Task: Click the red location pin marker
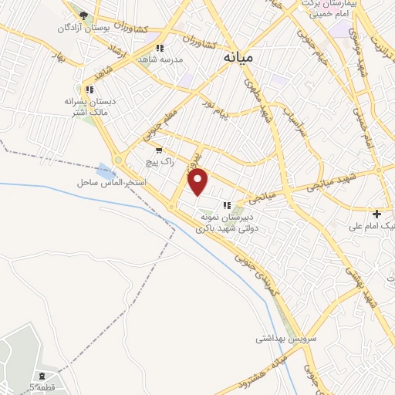click(x=199, y=181)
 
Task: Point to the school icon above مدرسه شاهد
click(x=159, y=47)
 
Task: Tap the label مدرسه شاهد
click(x=159, y=59)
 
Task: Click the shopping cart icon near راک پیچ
click(x=159, y=151)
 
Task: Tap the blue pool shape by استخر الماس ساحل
click(x=103, y=170)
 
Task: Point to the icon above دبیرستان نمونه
click(x=227, y=205)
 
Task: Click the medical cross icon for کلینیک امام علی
click(x=377, y=213)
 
